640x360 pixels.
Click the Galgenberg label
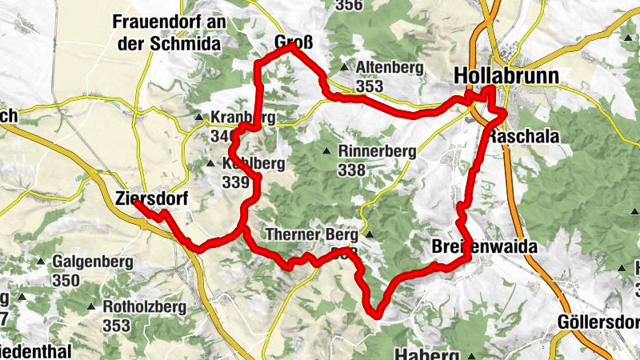click(86, 262)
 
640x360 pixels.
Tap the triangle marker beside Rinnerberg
click(326, 151)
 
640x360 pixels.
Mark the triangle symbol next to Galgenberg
click(41, 262)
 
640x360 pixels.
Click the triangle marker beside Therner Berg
click(369, 235)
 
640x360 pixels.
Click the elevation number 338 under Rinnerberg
click(351, 170)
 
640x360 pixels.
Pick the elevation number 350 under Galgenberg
click(66, 280)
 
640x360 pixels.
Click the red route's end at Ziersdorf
click(135, 203)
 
